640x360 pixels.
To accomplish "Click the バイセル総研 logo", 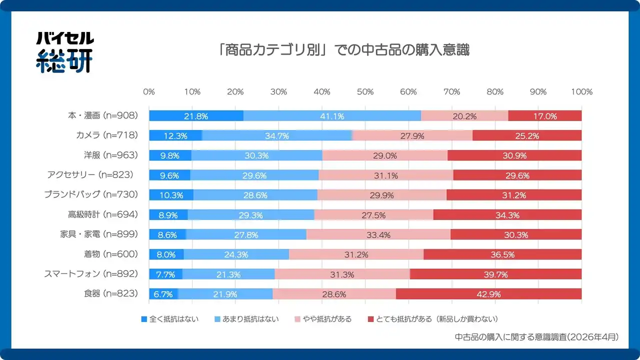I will point(64,52).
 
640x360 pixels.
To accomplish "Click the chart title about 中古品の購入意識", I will point(344,50).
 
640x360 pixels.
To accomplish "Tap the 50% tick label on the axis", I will point(365,92).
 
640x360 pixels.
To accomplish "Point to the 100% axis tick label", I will point(582,92).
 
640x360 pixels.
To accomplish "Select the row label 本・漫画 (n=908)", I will point(102,116).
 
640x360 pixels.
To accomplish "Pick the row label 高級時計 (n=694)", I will point(102,215).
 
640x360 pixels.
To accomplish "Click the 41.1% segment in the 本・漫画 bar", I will point(332,116).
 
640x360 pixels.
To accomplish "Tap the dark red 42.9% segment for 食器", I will point(488,294).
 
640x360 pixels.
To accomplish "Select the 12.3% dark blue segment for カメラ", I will point(175,135).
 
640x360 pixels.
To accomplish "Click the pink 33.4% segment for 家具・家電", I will point(378,234).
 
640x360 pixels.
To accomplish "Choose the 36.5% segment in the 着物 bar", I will point(502,254).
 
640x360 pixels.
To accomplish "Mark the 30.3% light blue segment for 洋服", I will point(256,155).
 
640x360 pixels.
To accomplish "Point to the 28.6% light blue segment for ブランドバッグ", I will point(255,195).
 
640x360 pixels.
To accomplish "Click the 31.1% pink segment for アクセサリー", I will point(385,175).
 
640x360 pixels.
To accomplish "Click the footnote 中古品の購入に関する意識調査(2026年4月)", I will point(537,337).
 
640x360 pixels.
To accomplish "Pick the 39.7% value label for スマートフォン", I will point(495,274).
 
